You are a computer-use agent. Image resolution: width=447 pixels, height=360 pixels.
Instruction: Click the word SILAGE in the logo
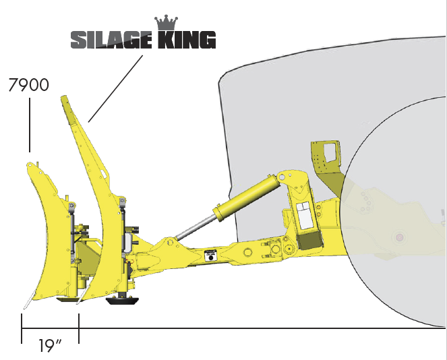(111, 40)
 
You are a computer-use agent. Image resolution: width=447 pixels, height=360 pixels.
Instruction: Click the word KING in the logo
(187, 40)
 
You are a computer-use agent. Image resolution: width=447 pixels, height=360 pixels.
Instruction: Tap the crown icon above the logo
(167, 23)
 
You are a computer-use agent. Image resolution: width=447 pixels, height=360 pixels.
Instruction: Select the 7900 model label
(29, 85)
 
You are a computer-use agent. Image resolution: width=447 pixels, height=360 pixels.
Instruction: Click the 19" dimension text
(50, 345)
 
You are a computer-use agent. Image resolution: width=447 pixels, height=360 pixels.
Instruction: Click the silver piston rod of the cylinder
(196, 227)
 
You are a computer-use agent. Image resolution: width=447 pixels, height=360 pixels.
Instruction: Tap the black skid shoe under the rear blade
(122, 301)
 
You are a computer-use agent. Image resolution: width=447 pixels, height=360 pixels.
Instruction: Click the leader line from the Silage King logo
(115, 88)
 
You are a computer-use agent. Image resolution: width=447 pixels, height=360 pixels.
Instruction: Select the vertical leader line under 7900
(30, 125)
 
